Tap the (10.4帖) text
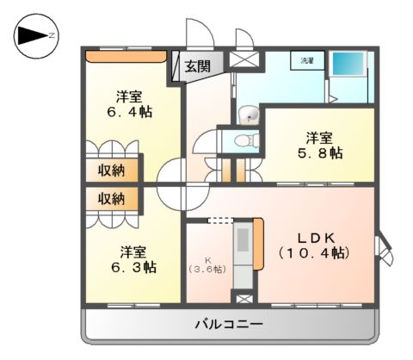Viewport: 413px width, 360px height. (313, 254)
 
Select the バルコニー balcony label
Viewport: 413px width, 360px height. (228, 323)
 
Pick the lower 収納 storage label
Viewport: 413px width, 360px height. (111, 198)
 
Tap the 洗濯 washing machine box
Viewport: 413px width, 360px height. (307, 62)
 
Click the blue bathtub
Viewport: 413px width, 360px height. (348, 65)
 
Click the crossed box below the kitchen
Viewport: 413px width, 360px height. (244, 298)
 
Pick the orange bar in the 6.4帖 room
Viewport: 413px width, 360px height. (126, 58)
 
